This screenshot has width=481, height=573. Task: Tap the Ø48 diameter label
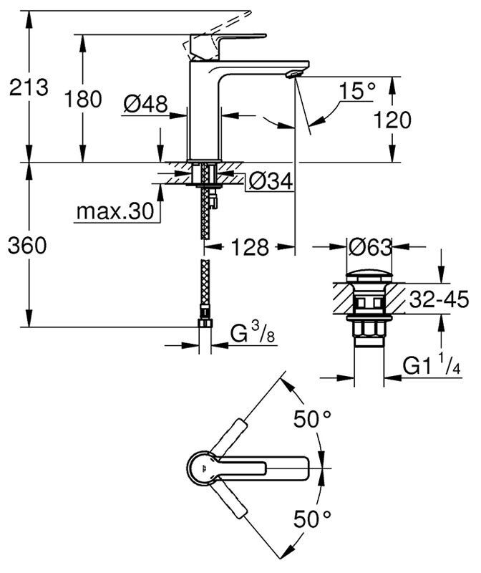(145, 105)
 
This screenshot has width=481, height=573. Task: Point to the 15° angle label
(357, 92)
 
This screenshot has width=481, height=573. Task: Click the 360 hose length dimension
(27, 246)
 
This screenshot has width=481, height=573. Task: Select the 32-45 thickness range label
(439, 299)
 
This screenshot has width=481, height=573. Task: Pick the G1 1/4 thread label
(431, 367)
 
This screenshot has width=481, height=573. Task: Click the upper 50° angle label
(313, 420)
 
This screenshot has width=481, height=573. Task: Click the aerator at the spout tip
(293, 74)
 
